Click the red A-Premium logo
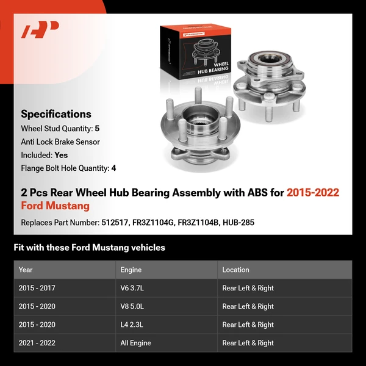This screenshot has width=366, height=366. tap(40, 30)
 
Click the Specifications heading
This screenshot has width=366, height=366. tap(56, 114)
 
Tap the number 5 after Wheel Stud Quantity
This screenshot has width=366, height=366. tap(97, 129)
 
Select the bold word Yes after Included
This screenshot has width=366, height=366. tap(61, 155)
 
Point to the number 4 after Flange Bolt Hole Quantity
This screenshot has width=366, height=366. tap(113, 168)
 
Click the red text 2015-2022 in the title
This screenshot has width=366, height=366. tap(313, 193)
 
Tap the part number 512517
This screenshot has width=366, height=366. tap(116, 223)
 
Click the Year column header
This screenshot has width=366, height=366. tap(26, 270)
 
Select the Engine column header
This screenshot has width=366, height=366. tap(131, 270)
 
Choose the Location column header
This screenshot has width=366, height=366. tap(235, 270)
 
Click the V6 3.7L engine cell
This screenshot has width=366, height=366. tap(132, 288)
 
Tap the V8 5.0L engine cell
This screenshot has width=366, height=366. tap(132, 306)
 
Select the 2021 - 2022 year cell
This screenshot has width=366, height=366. tap(37, 343)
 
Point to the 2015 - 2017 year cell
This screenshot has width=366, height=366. tap(37, 288)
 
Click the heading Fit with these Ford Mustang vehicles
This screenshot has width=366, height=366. tap(89, 248)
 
